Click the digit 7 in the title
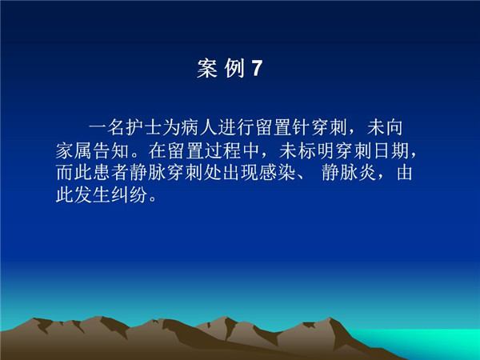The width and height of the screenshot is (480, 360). coord(257,68)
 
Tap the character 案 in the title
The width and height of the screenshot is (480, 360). coord(207,68)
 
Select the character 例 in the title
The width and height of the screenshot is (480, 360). coord(234,68)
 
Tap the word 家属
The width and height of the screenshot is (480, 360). coord(74,150)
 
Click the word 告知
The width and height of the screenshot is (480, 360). coord(111,150)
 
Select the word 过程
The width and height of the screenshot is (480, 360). coord(222,150)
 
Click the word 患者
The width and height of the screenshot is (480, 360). coord(111,172)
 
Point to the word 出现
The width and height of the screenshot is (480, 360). coord(240,172)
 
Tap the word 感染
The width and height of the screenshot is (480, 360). coord(277,172)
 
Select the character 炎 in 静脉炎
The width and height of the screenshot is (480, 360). coord(367,172)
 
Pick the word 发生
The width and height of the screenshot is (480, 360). coord(92,194)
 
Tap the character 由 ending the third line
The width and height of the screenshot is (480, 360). coord(404,172)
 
